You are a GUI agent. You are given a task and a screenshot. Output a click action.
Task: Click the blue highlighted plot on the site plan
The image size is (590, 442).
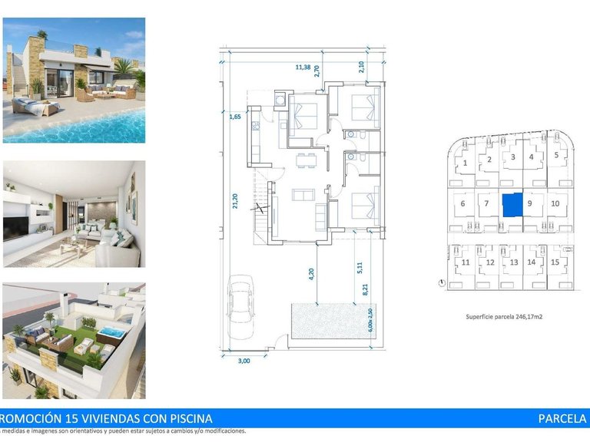coord(512,205)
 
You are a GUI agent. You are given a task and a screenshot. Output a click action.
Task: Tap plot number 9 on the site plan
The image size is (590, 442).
coord(530,204)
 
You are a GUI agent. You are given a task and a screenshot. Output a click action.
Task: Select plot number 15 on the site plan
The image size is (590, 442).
coord(555,262)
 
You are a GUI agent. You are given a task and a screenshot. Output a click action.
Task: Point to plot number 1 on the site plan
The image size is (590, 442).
coord(465,163)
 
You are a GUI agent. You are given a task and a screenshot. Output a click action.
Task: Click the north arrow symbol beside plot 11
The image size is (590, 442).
coord(440,282)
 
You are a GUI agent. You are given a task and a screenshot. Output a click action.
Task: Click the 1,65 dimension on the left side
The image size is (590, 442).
coord(235,117)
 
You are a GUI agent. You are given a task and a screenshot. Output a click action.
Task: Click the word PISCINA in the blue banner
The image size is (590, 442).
coord(184,418)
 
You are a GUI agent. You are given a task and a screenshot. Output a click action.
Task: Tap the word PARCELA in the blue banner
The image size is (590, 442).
coord(562,418)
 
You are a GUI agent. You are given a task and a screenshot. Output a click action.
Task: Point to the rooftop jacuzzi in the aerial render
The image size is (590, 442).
coord(111,333)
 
